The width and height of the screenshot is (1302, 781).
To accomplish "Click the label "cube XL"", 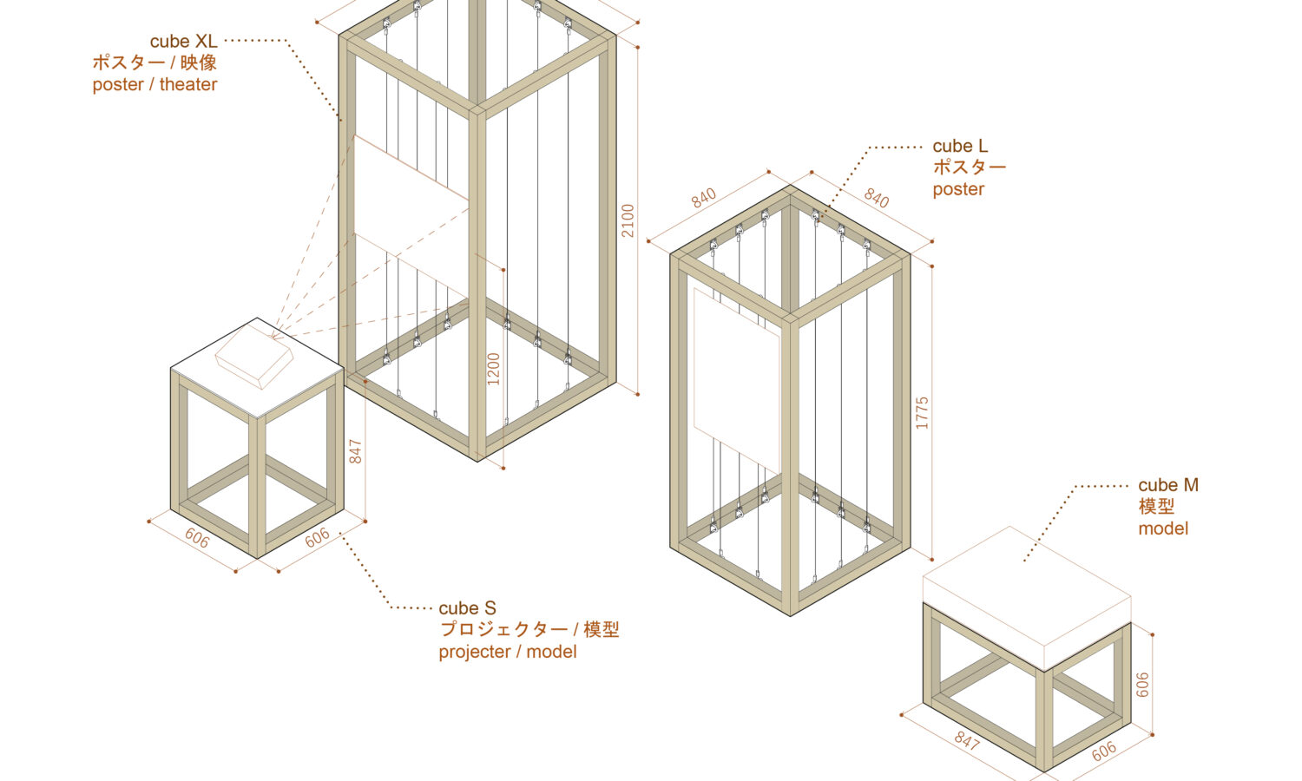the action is tap(184, 42).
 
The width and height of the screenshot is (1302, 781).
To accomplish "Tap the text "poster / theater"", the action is tap(155, 84).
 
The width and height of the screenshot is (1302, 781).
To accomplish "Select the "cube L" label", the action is tap(960, 146).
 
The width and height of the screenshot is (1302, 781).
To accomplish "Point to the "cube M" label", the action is tap(1168, 484).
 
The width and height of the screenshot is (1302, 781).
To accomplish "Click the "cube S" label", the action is tap(467, 607).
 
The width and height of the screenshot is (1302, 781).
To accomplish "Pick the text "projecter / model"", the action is tap(508, 652).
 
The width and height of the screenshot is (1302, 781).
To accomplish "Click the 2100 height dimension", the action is tap(628, 220).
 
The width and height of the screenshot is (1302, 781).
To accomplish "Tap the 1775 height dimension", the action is tap(923, 413).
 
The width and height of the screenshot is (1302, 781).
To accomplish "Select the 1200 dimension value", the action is tap(494, 369).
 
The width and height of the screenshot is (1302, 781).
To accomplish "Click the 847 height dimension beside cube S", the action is tap(355, 451).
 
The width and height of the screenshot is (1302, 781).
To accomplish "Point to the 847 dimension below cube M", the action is tap(967, 740).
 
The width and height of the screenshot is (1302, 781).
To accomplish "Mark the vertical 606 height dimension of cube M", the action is tap(1143, 685).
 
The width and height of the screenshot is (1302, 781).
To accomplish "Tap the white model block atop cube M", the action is tap(1027, 599).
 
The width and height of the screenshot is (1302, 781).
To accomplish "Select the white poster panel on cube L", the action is tap(736, 381).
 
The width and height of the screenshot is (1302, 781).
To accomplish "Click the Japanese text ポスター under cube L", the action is tap(969, 167).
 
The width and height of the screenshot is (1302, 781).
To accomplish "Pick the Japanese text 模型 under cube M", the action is tap(1156, 507).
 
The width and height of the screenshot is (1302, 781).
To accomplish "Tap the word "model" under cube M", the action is tap(1163, 528).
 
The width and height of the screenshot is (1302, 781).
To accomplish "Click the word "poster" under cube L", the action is tap(958, 189).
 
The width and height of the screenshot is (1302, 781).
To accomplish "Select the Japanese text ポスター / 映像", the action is tap(155, 62).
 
